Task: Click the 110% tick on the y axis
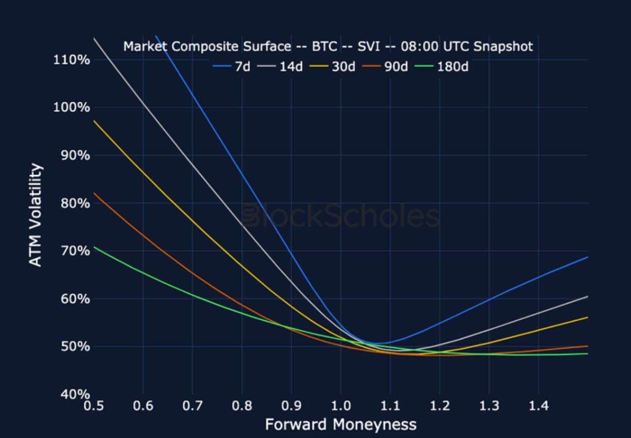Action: click(x=71, y=59)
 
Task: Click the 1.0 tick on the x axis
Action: click(x=341, y=406)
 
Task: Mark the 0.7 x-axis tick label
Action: click(x=193, y=406)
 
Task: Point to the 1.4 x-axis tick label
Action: click(x=538, y=406)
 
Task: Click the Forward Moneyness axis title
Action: click(x=341, y=424)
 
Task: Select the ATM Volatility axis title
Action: click(x=36, y=215)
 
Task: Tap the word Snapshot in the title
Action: click(x=503, y=47)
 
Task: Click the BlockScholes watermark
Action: click(x=341, y=216)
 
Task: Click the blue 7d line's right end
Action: click(x=588, y=257)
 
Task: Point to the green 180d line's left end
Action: click(x=94, y=247)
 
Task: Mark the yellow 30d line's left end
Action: click(x=94, y=121)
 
